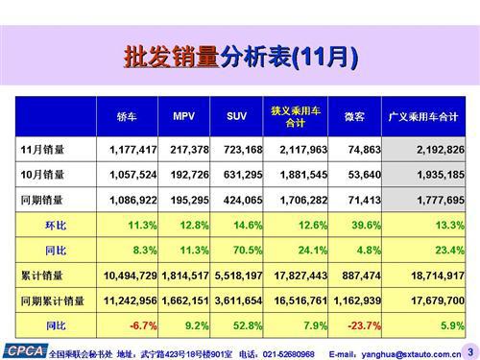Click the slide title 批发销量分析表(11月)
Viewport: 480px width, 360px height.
pos(240,57)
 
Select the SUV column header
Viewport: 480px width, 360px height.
pos(236,117)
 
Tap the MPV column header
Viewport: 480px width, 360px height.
pos(185,117)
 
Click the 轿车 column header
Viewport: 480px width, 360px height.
pos(127,117)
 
